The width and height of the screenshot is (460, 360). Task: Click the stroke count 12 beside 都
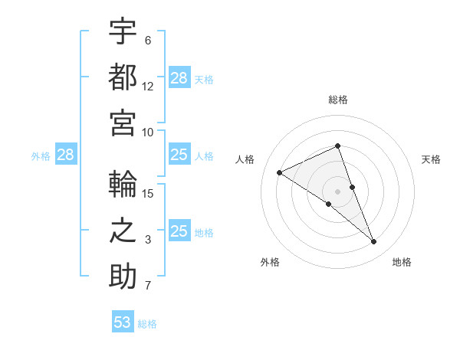[148, 87]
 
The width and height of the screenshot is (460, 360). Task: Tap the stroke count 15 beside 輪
[148, 194]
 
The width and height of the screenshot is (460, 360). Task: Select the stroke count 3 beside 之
[148, 241]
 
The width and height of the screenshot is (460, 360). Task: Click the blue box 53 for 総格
[123, 322]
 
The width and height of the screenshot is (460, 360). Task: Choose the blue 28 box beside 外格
[65, 155]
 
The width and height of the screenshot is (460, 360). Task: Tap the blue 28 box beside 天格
[179, 78]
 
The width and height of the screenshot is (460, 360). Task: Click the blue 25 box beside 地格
[179, 231]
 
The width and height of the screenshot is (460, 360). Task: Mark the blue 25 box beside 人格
[179, 155]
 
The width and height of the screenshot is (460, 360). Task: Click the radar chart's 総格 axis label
[338, 100]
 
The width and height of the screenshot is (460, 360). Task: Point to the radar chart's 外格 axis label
[270, 262]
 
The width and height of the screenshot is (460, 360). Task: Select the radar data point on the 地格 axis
[374, 242]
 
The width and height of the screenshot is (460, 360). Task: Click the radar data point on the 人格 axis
[280, 172]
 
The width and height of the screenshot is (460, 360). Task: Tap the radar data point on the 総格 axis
[338, 147]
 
